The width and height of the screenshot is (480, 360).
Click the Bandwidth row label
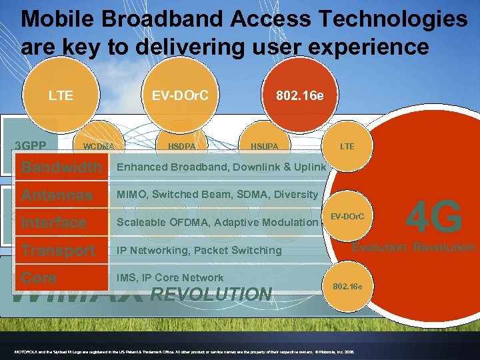[x=61, y=167]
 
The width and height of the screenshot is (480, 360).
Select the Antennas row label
[x=57, y=195]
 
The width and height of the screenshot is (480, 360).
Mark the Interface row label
[x=53, y=223]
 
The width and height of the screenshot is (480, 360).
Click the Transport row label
[x=58, y=251]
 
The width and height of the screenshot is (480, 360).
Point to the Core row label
[x=39, y=278]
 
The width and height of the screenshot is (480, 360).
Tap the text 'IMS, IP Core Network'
[x=170, y=278]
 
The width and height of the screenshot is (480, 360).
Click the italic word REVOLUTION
[x=211, y=294]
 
